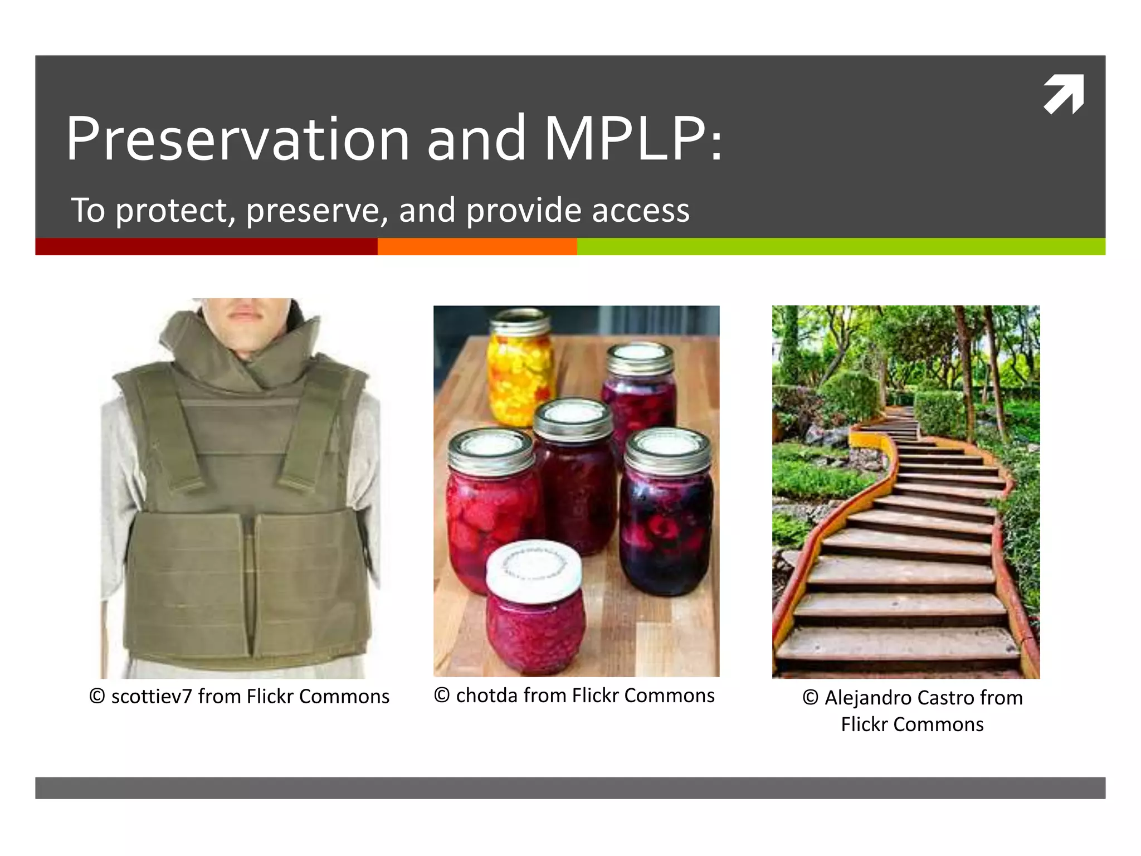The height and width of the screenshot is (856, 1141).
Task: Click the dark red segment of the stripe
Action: (206, 246)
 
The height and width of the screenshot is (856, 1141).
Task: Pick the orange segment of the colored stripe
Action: (477, 246)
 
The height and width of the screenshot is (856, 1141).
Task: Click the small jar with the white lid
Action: (534, 607)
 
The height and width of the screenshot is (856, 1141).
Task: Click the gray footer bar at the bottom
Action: (570, 788)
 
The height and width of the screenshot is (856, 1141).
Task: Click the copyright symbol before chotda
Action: (442, 695)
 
